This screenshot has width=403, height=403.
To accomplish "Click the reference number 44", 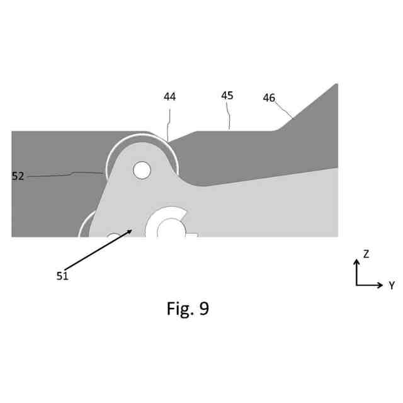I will click(169, 97).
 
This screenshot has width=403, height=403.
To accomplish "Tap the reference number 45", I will click(227, 96).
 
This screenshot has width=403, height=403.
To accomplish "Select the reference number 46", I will click(269, 98).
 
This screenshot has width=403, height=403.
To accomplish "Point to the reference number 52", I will click(18, 176).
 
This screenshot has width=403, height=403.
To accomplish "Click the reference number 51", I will click(62, 275).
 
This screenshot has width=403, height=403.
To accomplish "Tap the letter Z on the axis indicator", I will click(366, 254).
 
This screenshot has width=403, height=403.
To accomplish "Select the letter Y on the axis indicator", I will click(391, 285).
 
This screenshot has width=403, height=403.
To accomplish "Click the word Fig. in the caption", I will click(180, 309).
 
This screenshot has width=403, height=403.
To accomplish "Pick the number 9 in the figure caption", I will click(203, 309).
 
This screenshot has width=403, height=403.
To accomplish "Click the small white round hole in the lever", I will click(142, 170).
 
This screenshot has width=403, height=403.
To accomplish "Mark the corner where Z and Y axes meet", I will click(356, 285).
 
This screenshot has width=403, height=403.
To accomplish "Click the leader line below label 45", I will click(229, 119).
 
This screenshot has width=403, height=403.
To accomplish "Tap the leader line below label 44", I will click(169, 123).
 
